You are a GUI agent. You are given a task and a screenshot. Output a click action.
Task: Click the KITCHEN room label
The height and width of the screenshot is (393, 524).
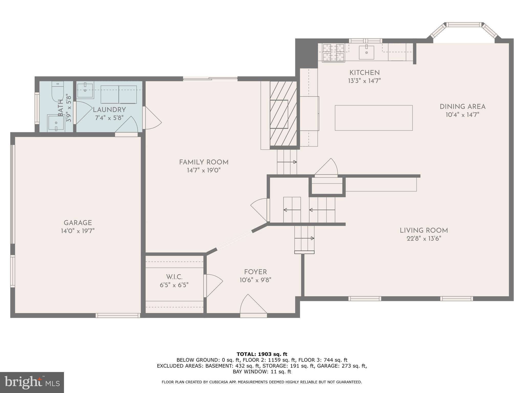364,73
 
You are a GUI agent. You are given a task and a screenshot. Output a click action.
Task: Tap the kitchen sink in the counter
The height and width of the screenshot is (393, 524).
366,52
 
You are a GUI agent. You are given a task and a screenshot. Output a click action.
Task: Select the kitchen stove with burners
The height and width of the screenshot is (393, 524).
333,52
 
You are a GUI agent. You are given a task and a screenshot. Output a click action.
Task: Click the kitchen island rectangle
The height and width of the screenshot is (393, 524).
374,118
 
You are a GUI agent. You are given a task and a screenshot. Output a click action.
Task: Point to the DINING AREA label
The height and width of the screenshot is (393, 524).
462,107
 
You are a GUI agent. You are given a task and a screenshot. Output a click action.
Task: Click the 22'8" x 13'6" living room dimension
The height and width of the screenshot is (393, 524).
424,239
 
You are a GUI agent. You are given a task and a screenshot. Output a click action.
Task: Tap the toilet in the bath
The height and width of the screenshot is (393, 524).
58,91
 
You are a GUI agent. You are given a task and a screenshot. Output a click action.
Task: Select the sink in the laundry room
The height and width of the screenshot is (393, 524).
85,90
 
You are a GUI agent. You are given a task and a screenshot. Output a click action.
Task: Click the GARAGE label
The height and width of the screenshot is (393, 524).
78,223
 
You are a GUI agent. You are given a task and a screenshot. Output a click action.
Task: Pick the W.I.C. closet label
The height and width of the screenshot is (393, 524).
174,277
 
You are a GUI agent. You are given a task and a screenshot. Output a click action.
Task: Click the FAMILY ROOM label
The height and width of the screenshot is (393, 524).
204,162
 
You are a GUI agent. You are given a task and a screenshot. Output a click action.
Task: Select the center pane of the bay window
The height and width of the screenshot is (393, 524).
464,25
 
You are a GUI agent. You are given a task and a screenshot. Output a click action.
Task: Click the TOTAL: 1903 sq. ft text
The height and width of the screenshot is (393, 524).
262,354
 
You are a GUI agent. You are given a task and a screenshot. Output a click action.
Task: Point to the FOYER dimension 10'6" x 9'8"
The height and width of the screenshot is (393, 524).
255,280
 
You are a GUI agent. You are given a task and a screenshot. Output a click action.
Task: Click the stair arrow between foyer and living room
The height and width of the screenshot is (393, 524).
304,238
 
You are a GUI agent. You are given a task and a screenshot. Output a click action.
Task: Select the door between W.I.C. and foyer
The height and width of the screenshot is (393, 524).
205,286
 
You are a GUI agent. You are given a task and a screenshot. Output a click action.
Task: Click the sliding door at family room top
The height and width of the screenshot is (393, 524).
210,79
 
